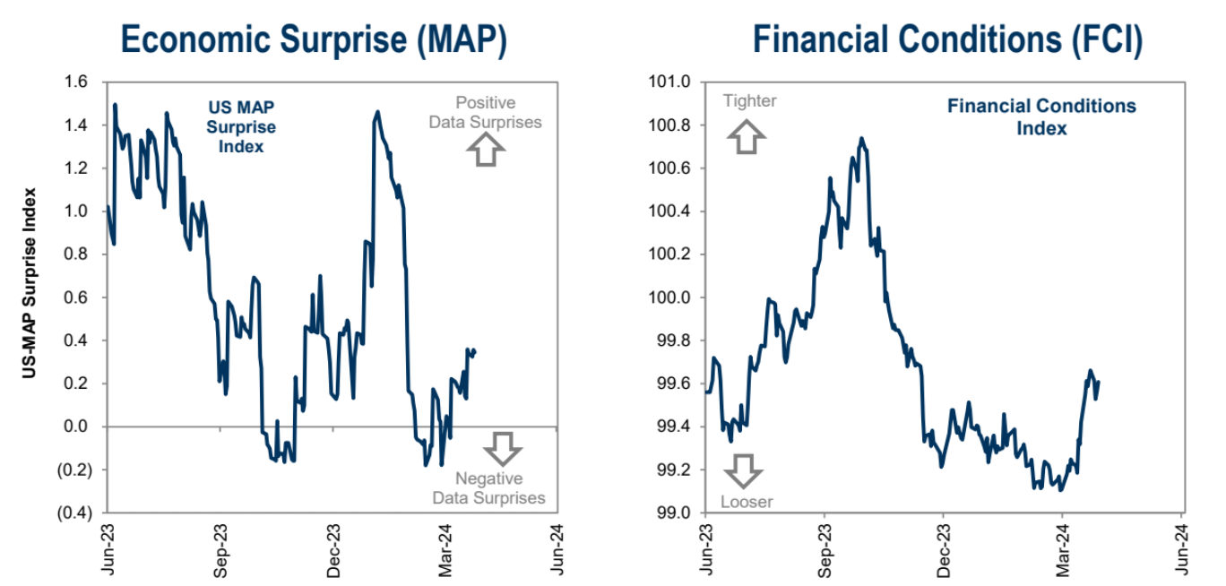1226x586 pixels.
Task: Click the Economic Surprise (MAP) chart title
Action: [314, 40]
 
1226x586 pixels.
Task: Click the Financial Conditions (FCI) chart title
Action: [947, 40]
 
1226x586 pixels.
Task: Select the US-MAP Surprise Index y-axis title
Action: [30, 283]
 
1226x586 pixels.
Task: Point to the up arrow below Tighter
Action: [747, 136]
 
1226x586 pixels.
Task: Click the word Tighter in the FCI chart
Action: [749, 101]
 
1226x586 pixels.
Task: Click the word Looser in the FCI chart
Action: [747, 502]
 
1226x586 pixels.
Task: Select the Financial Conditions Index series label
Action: [1041, 117]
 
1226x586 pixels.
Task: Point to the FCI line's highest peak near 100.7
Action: [861, 139]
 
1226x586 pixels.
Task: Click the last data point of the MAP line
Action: [474, 351]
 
